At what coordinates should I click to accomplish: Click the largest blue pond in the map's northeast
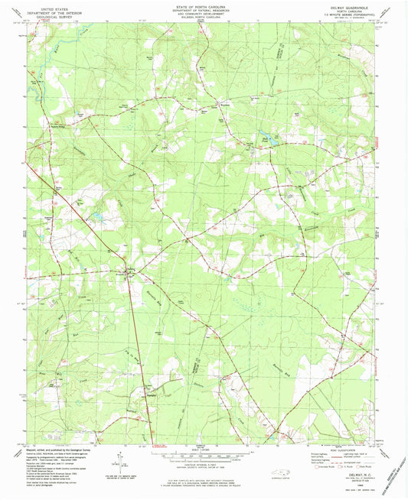(269, 141)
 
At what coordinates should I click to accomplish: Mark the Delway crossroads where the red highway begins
(129, 271)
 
